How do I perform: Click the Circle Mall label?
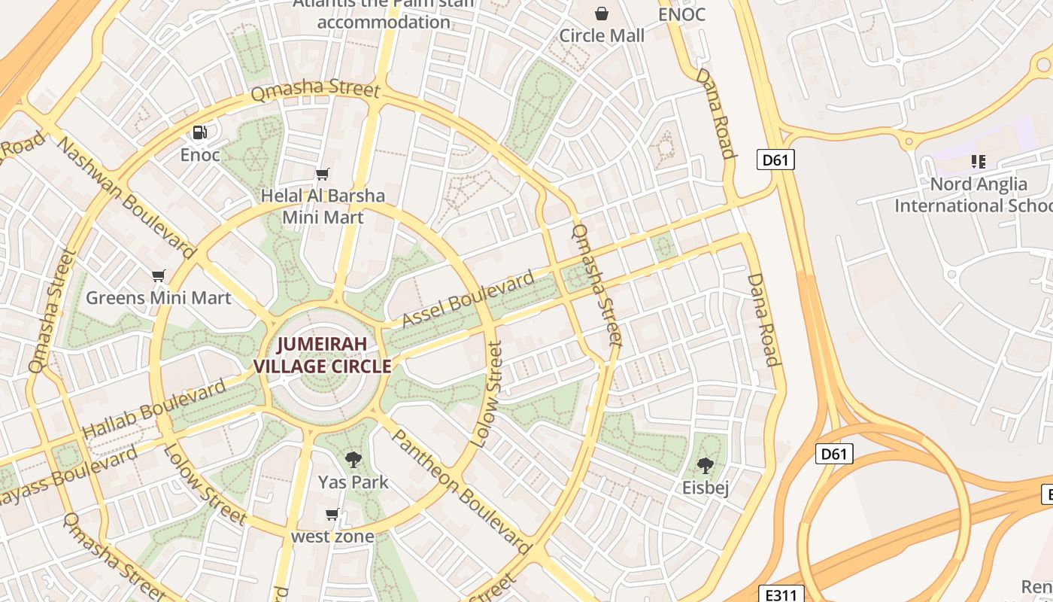tap(602, 35)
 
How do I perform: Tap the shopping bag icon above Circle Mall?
tap(602, 14)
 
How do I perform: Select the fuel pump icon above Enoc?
tap(200, 132)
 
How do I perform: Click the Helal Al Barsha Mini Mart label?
tap(323, 206)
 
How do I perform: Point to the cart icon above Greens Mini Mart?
tap(158, 275)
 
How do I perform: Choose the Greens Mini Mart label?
tap(158, 297)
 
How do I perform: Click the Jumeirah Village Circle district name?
tap(323, 355)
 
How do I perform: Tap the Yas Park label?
tap(353, 482)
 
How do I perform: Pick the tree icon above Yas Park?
tap(353, 459)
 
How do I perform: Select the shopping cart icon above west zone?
tap(332, 515)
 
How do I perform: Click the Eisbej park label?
tap(706, 487)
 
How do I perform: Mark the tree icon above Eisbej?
tap(706, 465)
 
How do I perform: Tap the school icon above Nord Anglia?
tap(978, 161)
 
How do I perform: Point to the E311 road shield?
tap(781, 594)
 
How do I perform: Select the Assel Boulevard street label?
tap(468, 299)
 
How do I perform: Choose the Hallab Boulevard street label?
tap(153, 410)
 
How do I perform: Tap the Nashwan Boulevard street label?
tap(126, 199)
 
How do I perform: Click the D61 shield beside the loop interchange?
tap(834, 454)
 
